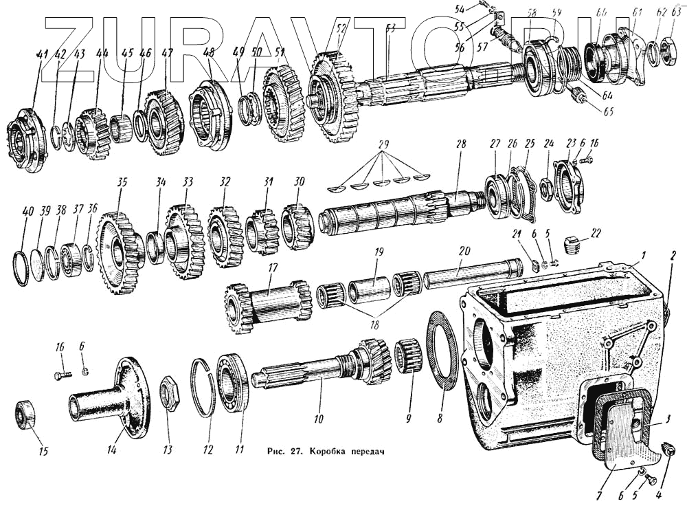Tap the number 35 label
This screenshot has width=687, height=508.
pyautogui.click(x=122, y=183)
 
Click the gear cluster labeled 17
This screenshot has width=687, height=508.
pyautogui.click(x=269, y=306)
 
